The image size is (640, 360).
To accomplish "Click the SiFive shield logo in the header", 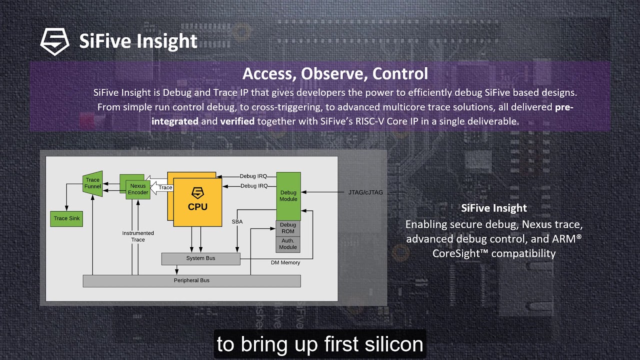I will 55,41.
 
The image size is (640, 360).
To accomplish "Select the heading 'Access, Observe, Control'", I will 335,73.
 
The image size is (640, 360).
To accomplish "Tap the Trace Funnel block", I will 92,183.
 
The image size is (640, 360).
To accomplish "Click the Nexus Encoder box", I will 138,189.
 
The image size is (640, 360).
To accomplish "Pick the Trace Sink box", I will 67,218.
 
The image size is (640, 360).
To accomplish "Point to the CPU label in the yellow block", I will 197,206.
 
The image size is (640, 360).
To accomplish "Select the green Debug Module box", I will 288,196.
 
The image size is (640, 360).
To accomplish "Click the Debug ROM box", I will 288,228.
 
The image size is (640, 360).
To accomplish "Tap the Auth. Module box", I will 288,244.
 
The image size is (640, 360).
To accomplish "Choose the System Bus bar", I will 200,258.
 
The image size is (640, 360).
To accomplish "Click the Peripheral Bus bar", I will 191,280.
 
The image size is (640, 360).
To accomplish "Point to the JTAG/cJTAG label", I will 365,192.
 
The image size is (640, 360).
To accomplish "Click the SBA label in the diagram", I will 237,221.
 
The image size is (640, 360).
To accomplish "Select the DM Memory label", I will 285,262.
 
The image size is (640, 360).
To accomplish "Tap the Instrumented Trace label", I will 138,236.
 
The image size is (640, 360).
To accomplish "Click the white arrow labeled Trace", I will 162,188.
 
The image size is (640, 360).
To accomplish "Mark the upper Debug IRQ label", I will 253,176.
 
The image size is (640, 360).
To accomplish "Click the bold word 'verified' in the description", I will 237,121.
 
